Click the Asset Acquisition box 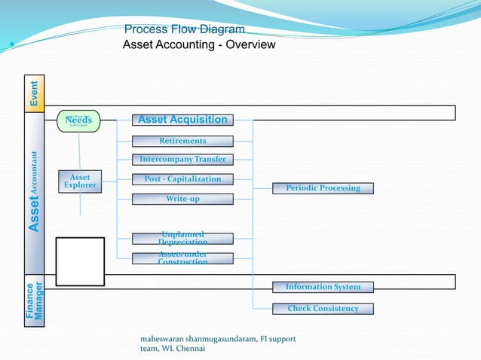click(182, 120)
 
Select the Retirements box click(182, 141)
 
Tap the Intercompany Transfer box click(182, 160)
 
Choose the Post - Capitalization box click(182, 179)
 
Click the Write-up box click(182, 199)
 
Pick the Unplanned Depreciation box click(182, 238)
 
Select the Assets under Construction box click(182, 258)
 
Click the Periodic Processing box click(323, 188)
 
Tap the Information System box click(323, 287)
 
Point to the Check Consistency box click(323, 309)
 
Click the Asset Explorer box click(80, 182)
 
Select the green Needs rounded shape click(78, 121)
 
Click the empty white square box click(80, 261)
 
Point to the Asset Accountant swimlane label click(35, 192)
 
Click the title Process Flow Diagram click(184, 29)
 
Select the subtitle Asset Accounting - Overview click(199, 45)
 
